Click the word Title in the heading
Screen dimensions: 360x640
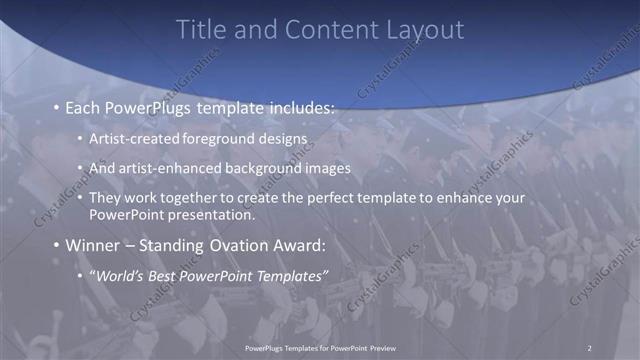tap(200, 30)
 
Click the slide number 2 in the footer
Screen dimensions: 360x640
tap(589, 348)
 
